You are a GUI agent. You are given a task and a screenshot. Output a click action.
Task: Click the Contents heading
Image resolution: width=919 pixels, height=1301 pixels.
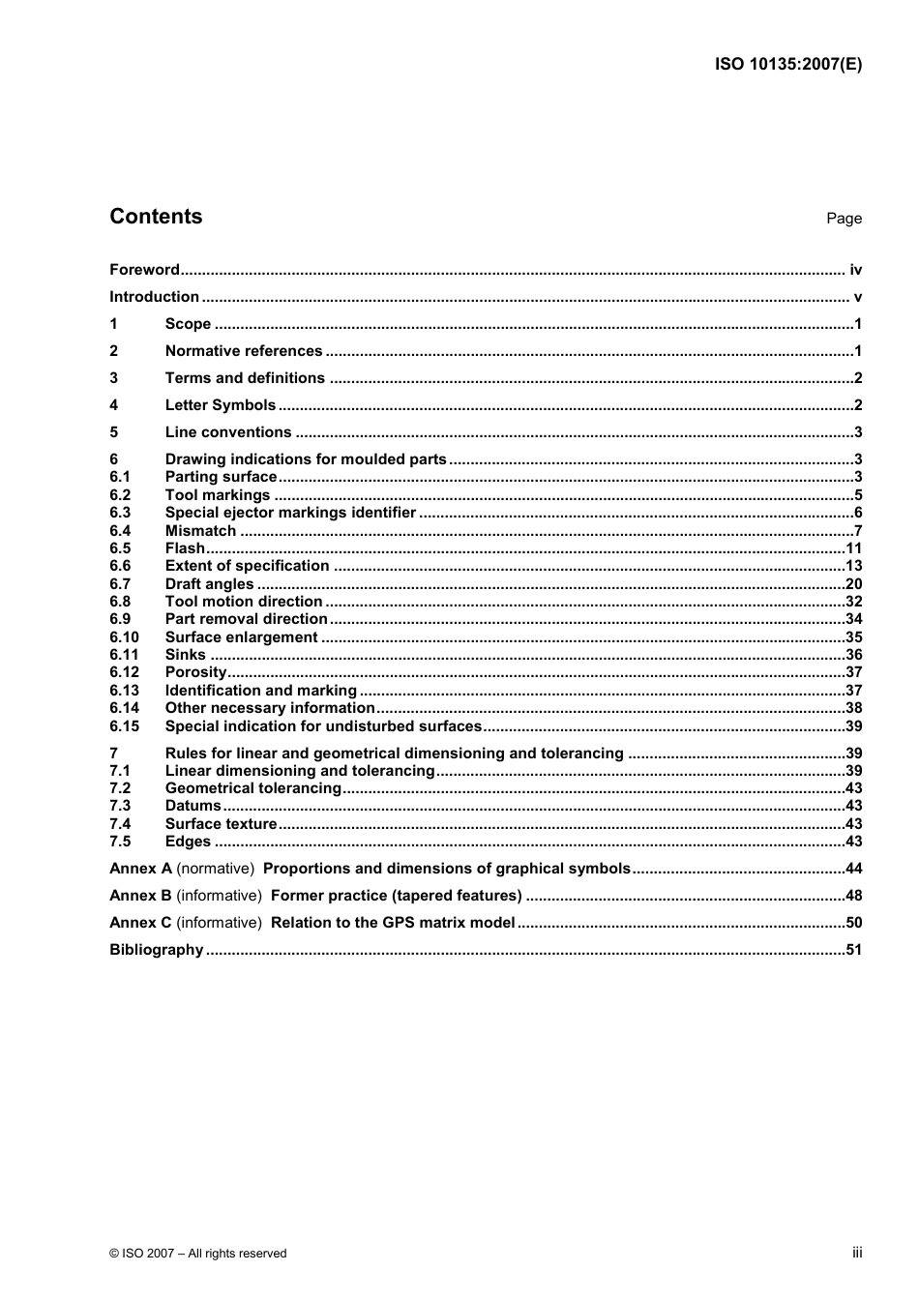tap(156, 217)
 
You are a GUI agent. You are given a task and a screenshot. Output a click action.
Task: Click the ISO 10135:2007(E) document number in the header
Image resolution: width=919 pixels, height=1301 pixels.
tap(787, 65)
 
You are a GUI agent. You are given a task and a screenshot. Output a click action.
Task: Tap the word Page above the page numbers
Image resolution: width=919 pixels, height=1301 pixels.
tap(844, 219)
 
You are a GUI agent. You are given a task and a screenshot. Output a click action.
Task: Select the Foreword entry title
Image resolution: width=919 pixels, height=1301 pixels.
tap(144, 270)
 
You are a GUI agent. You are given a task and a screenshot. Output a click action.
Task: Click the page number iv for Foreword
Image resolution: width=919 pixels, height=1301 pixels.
tap(855, 270)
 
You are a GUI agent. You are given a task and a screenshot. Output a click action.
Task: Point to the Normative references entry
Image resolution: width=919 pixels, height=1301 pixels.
tap(244, 351)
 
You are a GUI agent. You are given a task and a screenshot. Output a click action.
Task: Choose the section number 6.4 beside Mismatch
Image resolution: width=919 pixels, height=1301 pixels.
tap(120, 531)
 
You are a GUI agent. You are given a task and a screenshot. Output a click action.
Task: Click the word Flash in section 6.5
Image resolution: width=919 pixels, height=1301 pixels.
tap(185, 548)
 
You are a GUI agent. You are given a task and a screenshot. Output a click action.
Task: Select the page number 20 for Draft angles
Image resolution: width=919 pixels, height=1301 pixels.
tap(853, 584)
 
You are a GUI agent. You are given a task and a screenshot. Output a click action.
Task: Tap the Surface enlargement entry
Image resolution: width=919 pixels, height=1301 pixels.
tap(241, 637)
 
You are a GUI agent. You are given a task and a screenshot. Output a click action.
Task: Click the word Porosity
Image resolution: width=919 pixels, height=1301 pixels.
tap(195, 672)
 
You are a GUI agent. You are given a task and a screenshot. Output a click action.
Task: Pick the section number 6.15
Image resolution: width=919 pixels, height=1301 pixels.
tap(124, 726)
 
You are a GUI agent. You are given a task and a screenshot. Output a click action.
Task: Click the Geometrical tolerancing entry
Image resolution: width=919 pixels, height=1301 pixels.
tap(252, 788)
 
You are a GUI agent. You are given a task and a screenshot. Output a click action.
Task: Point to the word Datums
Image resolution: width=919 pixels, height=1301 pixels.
tap(193, 806)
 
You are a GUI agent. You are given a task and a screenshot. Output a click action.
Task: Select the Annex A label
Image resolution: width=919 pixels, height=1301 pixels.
tap(140, 869)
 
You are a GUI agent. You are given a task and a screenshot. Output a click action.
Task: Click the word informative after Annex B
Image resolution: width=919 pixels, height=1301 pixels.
tap(219, 896)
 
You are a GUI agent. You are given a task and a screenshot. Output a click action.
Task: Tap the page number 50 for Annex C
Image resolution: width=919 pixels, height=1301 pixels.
tap(853, 923)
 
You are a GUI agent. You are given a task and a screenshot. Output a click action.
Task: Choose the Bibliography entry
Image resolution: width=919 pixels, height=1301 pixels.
tap(156, 950)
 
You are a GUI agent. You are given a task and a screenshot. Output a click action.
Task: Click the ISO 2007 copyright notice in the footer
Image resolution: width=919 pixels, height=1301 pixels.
tap(198, 1254)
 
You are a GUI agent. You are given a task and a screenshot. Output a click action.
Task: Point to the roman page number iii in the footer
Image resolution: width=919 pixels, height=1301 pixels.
tap(857, 1253)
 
